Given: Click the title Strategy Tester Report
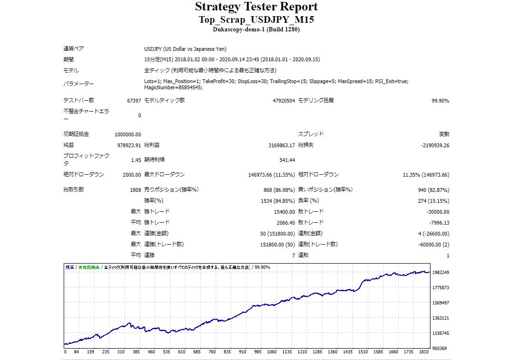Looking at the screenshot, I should (x=256, y=7).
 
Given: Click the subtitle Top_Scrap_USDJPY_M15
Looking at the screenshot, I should (x=256, y=20).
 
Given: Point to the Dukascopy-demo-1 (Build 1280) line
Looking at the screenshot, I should (x=256, y=29).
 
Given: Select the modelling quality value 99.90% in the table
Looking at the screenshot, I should (x=440, y=101).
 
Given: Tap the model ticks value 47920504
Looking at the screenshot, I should (x=284, y=101).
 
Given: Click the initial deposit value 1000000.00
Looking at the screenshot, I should (x=128, y=134).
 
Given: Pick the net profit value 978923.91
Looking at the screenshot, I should (x=129, y=145).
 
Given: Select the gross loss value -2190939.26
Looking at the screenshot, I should (x=435, y=145).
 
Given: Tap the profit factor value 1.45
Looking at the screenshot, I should (x=136, y=160).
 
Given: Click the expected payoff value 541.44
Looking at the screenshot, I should (x=287, y=160).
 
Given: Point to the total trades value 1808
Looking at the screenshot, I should (x=135, y=190).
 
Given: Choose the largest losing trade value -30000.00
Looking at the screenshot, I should (x=438, y=212).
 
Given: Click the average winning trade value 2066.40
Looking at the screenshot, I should (x=285, y=223).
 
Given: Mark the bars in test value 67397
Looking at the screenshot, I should (x=134, y=101).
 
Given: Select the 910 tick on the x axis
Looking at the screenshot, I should (x=243, y=352).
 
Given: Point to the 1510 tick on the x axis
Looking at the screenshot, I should (x=364, y=352).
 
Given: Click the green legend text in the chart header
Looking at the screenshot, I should (x=88, y=267).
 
